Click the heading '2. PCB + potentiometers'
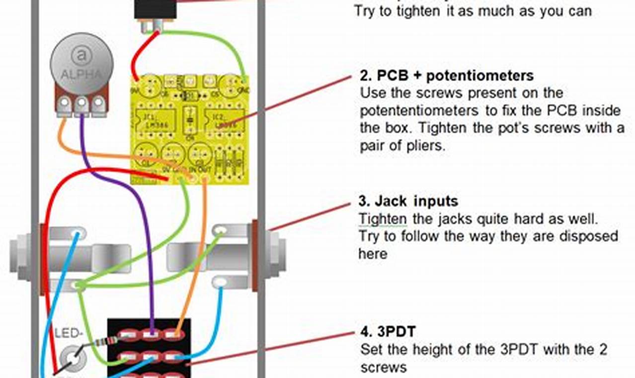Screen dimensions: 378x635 click(x=447, y=76)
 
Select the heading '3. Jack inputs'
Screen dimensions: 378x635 click(x=408, y=201)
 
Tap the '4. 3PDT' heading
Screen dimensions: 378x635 click(x=388, y=332)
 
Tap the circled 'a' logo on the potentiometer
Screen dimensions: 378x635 click(x=80, y=56)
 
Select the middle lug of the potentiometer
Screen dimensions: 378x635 click(x=81, y=104)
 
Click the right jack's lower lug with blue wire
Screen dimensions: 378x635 click(x=220, y=283)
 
